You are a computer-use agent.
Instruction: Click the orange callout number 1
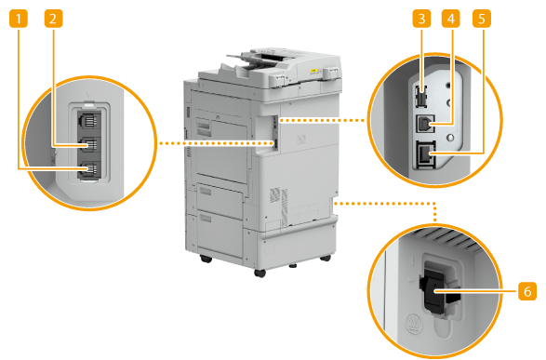click(x=18, y=19)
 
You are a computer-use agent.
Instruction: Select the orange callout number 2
click(x=53, y=19)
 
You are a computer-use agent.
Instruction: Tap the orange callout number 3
click(x=421, y=19)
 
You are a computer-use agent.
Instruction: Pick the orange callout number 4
click(x=451, y=19)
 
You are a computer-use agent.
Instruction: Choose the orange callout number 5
click(x=482, y=19)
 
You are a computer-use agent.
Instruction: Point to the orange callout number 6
click(x=527, y=291)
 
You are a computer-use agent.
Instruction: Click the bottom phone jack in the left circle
click(x=89, y=170)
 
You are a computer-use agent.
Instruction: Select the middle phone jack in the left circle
click(x=89, y=144)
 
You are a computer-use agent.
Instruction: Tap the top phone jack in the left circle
click(x=89, y=120)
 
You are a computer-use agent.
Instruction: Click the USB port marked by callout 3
click(x=420, y=98)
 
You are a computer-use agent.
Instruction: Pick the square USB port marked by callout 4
click(x=425, y=123)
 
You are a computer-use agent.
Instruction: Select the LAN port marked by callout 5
click(x=425, y=155)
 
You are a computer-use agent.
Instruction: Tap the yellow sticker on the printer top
click(x=313, y=71)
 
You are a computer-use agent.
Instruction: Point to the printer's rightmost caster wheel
click(x=326, y=258)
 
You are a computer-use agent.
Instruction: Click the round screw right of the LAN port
click(x=450, y=139)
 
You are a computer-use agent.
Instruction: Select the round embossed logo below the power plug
click(x=413, y=322)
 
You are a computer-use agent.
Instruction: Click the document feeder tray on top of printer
click(x=265, y=60)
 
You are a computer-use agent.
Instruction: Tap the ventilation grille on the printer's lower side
click(x=280, y=206)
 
